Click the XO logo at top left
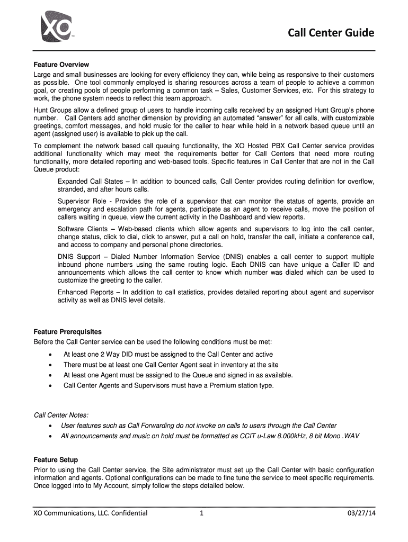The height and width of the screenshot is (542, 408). pos(55,26)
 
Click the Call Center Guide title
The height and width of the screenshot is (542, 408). pos(331,34)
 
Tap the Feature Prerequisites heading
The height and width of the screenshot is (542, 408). pos(67,332)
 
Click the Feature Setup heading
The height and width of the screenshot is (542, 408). pos(56,460)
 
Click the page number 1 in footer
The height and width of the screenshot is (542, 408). pos(201,513)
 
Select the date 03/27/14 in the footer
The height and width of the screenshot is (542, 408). pos(360,513)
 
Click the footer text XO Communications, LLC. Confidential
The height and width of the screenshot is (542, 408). pos(90,513)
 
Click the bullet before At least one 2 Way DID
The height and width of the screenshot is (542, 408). pos(50,355)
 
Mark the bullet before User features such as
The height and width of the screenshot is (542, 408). pos(50,426)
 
